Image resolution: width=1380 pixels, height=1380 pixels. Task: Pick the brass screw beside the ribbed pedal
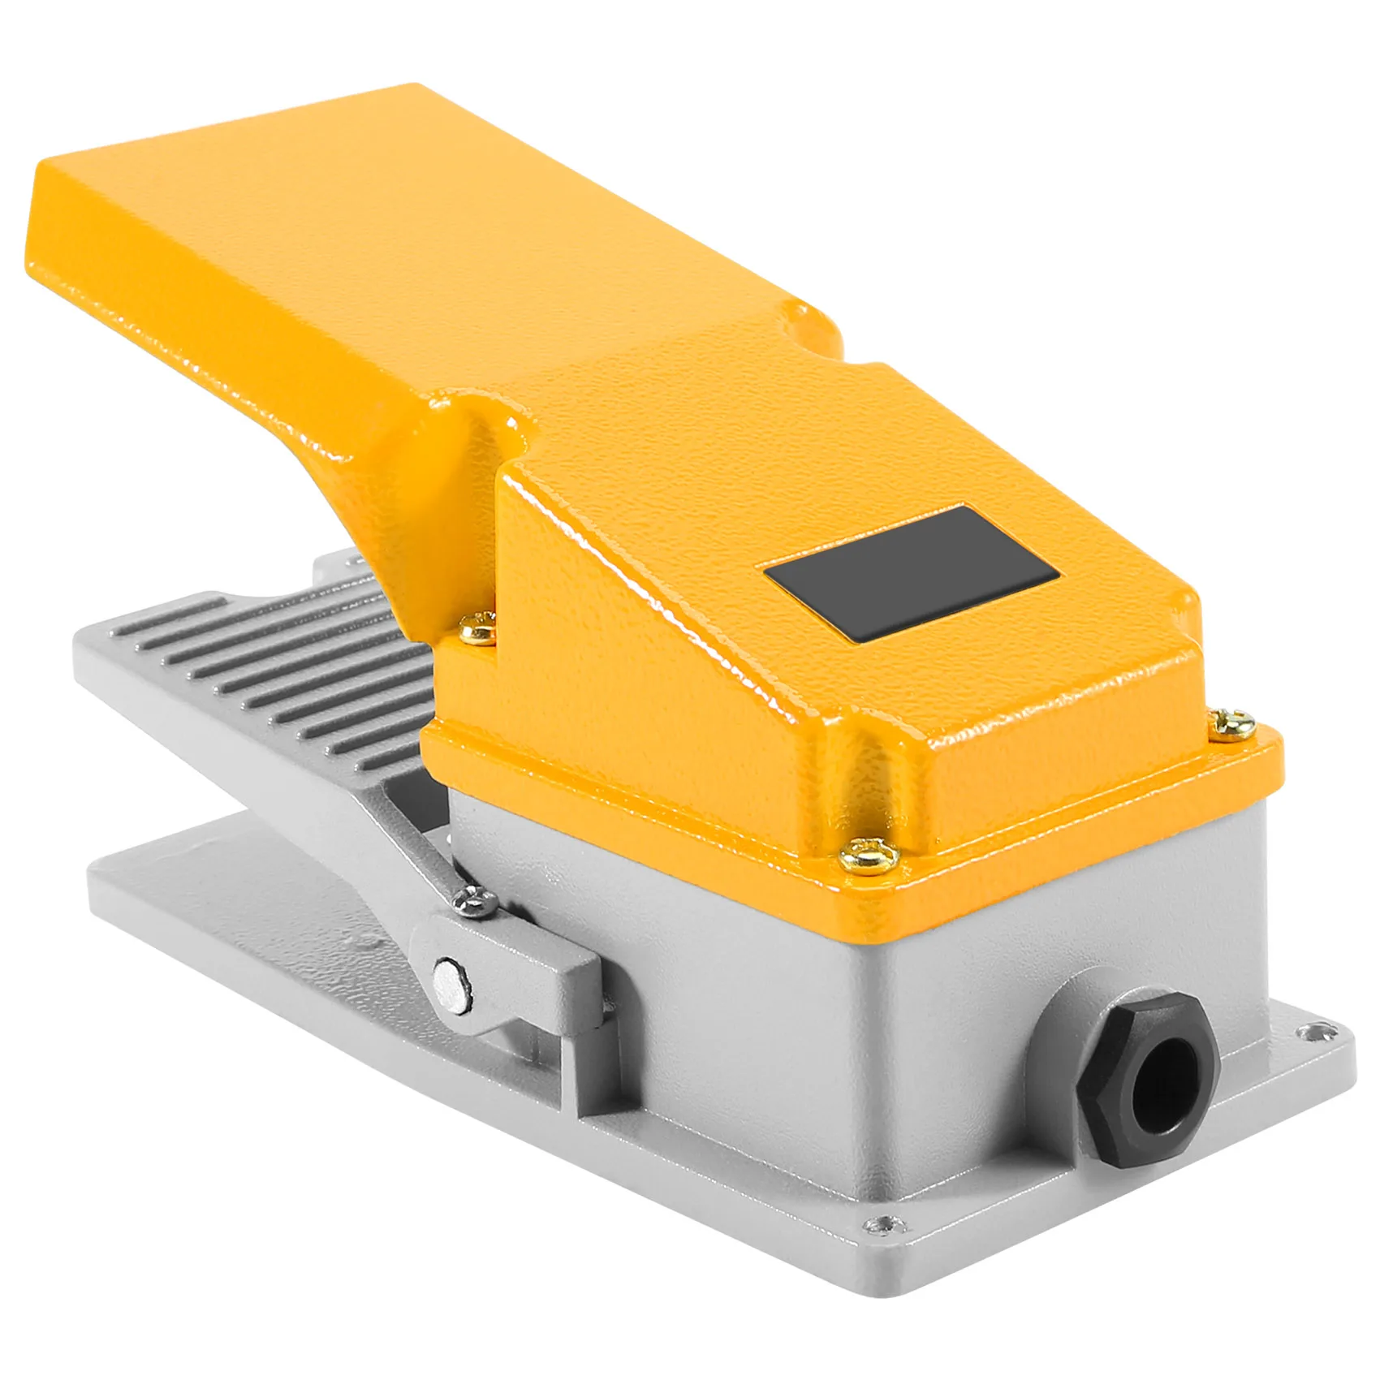[477, 623]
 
